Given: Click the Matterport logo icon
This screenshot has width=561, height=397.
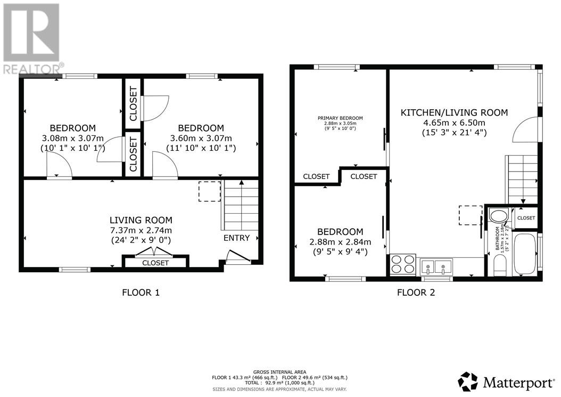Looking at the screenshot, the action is [x=468, y=382].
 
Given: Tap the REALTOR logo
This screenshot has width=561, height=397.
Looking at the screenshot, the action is [x=32, y=38].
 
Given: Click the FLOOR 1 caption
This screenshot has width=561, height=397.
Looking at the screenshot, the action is [x=141, y=293].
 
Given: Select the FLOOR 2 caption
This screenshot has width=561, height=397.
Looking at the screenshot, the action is [x=416, y=293].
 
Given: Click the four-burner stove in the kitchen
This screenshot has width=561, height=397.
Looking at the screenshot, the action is [x=403, y=264].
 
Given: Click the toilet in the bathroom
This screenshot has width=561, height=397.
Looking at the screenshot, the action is [x=499, y=267].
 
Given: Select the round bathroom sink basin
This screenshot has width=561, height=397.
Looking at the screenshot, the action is [x=498, y=216].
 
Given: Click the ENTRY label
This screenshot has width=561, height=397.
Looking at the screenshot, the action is [x=236, y=238].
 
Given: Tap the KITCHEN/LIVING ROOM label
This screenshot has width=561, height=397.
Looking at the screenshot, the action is [x=454, y=112].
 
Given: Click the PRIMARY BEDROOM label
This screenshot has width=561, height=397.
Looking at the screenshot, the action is [x=340, y=118].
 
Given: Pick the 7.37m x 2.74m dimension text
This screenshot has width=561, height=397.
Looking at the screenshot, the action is [x=141, y=230].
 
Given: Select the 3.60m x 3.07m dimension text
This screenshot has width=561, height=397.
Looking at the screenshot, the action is [x=201, y=138].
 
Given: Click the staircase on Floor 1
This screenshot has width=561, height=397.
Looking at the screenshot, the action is [x=240, y=205].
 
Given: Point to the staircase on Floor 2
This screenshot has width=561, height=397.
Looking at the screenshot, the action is [x=521, y=180].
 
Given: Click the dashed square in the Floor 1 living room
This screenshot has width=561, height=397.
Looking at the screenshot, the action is [x=210, y=191].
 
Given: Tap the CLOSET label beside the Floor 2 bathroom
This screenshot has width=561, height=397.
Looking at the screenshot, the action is [x=526, y=218].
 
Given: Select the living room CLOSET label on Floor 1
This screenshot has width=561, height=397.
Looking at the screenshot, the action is [x=155, y=263].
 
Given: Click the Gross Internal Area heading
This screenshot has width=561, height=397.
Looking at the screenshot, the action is [x=279, y=372].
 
